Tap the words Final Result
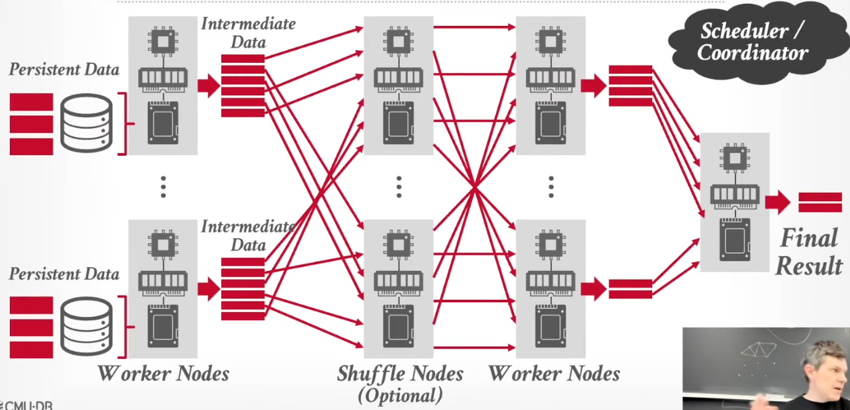809,252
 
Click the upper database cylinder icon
86,123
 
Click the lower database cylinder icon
86,326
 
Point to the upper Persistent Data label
64,70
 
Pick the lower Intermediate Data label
248,236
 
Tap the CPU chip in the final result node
735,158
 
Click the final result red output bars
820,202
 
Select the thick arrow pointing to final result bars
777,202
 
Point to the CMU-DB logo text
26,406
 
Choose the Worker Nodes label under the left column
164,374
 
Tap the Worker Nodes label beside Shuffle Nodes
554,374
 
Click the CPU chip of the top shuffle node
399,42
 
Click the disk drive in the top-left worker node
163,123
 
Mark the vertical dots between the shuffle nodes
399,187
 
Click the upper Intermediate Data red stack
243,86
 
